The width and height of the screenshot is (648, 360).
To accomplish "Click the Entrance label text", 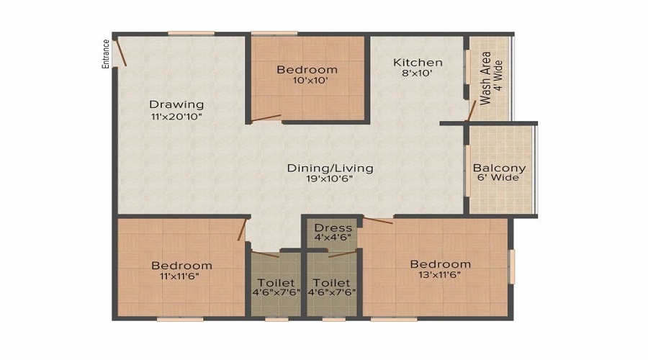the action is point(106,54).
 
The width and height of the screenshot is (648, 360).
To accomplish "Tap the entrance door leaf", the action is point(121,52).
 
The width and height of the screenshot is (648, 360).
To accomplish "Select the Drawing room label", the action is point(176,104).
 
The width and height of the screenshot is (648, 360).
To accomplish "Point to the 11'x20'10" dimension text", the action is point(176,117).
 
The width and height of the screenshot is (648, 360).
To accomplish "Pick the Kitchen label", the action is point(418,63).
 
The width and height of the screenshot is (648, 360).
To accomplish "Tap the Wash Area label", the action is point(485,78).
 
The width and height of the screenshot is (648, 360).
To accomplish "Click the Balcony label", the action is point(499,168).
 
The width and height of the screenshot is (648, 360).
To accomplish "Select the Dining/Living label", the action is point(330,168).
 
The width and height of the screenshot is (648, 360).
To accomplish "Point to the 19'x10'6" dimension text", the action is point(329,179).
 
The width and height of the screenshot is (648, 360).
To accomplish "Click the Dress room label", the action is point(333,228).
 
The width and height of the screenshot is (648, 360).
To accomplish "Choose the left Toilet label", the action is point(276,283).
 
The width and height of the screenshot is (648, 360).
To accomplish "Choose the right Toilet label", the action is point(331,283).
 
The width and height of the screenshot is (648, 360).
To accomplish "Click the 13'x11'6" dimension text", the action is point(440,275).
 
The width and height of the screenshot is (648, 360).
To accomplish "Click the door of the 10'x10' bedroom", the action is point(266,118).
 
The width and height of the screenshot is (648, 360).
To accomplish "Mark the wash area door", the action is point(471,111).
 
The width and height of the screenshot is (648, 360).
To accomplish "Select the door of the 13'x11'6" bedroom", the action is point(378,221).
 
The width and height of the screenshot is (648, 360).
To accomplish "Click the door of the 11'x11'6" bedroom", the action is point(242,230).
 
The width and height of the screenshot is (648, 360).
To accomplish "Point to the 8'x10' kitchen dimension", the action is point(418,73).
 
